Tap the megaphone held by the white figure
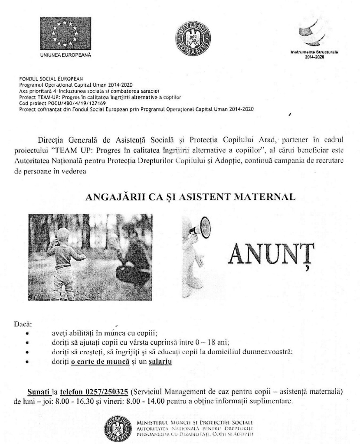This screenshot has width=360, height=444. (x=200, y=229)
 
